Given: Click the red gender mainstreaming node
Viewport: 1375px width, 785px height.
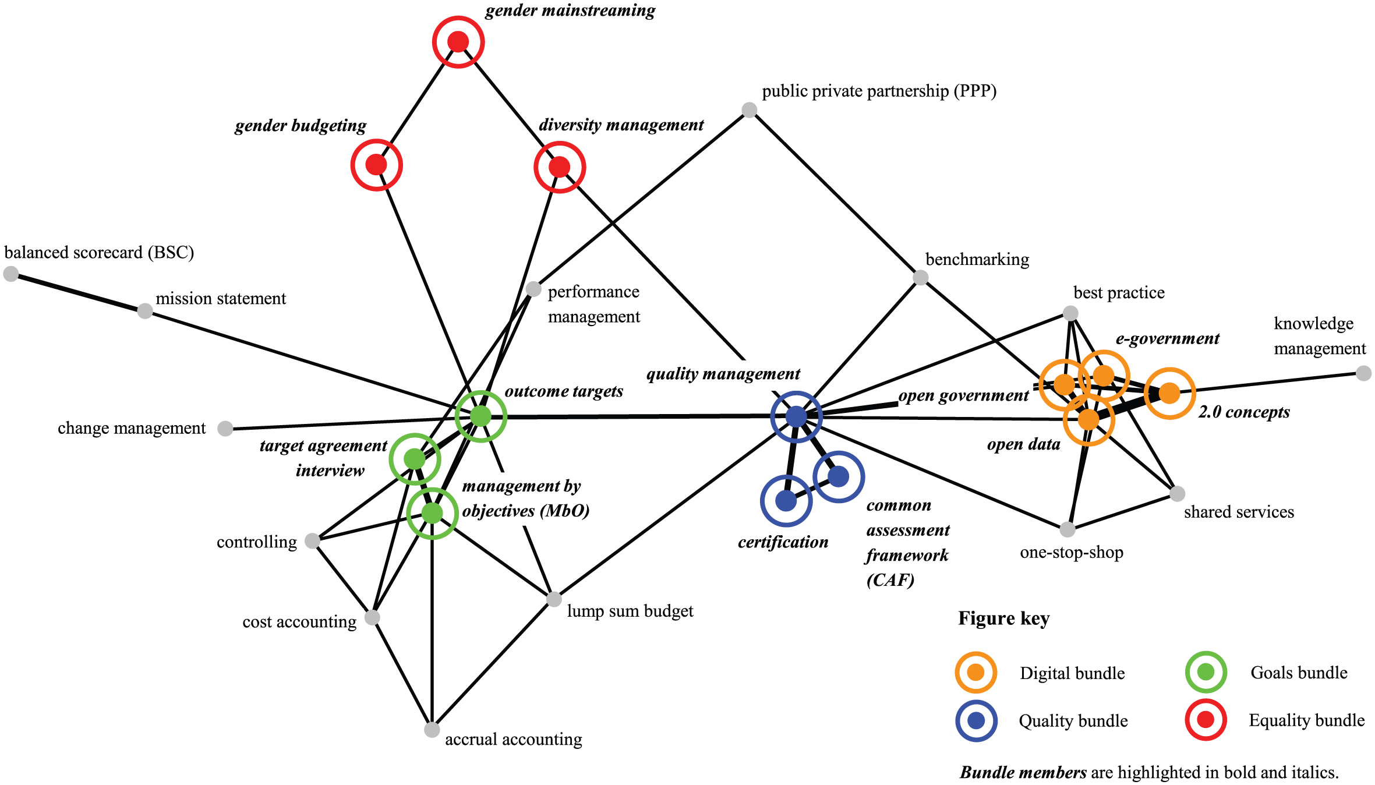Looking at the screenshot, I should (458, 42).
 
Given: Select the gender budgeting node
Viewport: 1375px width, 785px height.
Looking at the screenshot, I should (376, 165).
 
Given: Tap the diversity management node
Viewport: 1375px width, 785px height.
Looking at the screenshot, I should (559, 167).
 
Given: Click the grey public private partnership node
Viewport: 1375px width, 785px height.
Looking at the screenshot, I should (749, 109).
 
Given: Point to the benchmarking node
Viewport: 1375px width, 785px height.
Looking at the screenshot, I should (920, 277).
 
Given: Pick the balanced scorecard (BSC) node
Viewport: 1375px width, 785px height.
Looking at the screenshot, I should (10, 274).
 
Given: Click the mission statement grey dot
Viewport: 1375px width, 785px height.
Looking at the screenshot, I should (145, 311).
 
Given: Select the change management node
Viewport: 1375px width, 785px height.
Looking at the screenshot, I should (225, 429).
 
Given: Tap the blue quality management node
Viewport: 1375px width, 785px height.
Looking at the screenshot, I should (796, 416).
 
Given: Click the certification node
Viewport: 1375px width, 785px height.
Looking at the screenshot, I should (786, 500).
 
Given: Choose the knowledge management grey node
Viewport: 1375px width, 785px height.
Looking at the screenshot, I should (1363, 373).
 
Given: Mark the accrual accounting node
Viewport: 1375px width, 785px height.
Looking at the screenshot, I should (432, 730).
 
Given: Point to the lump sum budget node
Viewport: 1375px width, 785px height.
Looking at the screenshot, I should (554, 599).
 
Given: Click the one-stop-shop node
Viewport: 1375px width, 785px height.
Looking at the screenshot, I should (1067, 529).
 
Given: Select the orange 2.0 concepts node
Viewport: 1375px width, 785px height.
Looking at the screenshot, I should (1169, 394).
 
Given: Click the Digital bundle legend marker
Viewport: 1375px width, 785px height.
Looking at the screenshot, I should (975, 673).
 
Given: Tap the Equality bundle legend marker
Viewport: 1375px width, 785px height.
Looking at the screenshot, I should (1206, 720).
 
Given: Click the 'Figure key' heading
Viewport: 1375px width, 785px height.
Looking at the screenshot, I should (1003, 618).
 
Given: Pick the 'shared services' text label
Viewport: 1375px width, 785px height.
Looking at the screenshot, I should (1239, 512).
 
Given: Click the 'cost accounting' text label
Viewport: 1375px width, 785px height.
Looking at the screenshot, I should (299, 622).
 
